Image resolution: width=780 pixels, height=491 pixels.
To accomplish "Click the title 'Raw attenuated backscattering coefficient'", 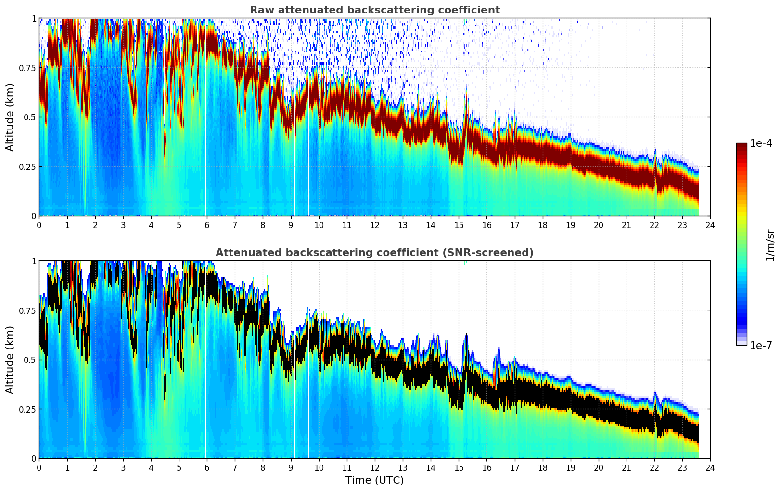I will [374, 10].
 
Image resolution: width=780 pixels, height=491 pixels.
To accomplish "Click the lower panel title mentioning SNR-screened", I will [374, 253].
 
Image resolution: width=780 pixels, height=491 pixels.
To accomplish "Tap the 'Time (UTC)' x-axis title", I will [374, 480].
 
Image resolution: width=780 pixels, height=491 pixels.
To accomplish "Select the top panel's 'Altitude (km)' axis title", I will [10, 117].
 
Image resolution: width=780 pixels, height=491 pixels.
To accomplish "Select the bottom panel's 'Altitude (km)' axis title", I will [10, 360].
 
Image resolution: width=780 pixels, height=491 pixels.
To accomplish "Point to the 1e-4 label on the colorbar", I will [761, 143].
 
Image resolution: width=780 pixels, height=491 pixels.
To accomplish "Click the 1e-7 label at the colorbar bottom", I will [761, 345].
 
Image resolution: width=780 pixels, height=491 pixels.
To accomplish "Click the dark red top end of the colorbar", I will [741, 146].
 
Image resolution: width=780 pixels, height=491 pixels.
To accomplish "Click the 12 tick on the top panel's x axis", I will [374, 225].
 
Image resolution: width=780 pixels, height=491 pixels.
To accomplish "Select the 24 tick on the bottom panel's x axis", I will [710, 467].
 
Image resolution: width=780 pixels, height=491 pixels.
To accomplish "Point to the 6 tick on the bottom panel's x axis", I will [207, 467].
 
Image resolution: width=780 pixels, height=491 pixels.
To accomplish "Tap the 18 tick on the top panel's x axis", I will [542, 225].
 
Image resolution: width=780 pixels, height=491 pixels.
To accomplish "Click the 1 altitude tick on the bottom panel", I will [34, 261].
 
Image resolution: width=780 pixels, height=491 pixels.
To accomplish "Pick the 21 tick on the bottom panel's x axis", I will [626, 467].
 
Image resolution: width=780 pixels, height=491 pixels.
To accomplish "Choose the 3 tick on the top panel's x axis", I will [123, 225].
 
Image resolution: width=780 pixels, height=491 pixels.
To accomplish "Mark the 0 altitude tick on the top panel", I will [34, 216].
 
